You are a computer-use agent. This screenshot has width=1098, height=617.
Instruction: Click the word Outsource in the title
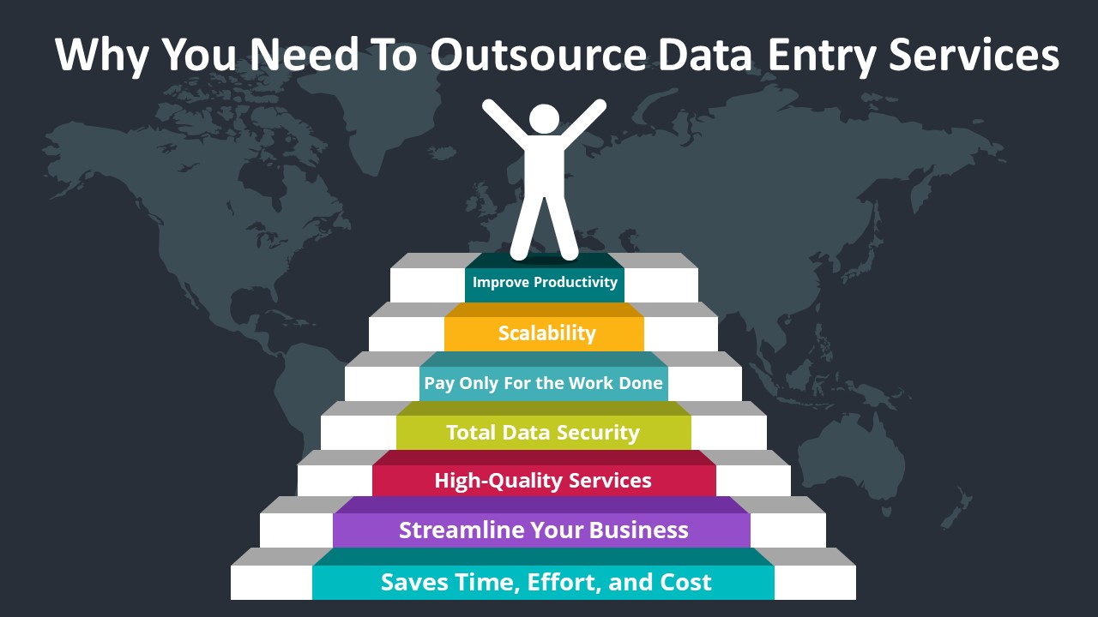[539, 55]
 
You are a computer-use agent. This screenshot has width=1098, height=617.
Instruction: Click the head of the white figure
[544, 119]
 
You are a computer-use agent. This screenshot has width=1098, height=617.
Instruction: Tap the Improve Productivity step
[545, 282]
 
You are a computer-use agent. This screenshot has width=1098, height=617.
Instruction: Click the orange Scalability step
[546, 332]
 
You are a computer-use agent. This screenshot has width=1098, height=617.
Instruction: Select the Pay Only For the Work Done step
[544, 382]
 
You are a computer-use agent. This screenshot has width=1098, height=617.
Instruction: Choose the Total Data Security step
[543, 432]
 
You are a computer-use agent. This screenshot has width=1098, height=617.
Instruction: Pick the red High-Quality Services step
[543, 480]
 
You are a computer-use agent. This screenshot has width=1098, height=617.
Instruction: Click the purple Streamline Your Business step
[543, 530]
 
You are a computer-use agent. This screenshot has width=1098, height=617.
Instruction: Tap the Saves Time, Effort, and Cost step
[546, 583]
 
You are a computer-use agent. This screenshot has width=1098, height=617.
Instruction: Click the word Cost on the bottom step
[685, 583]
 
